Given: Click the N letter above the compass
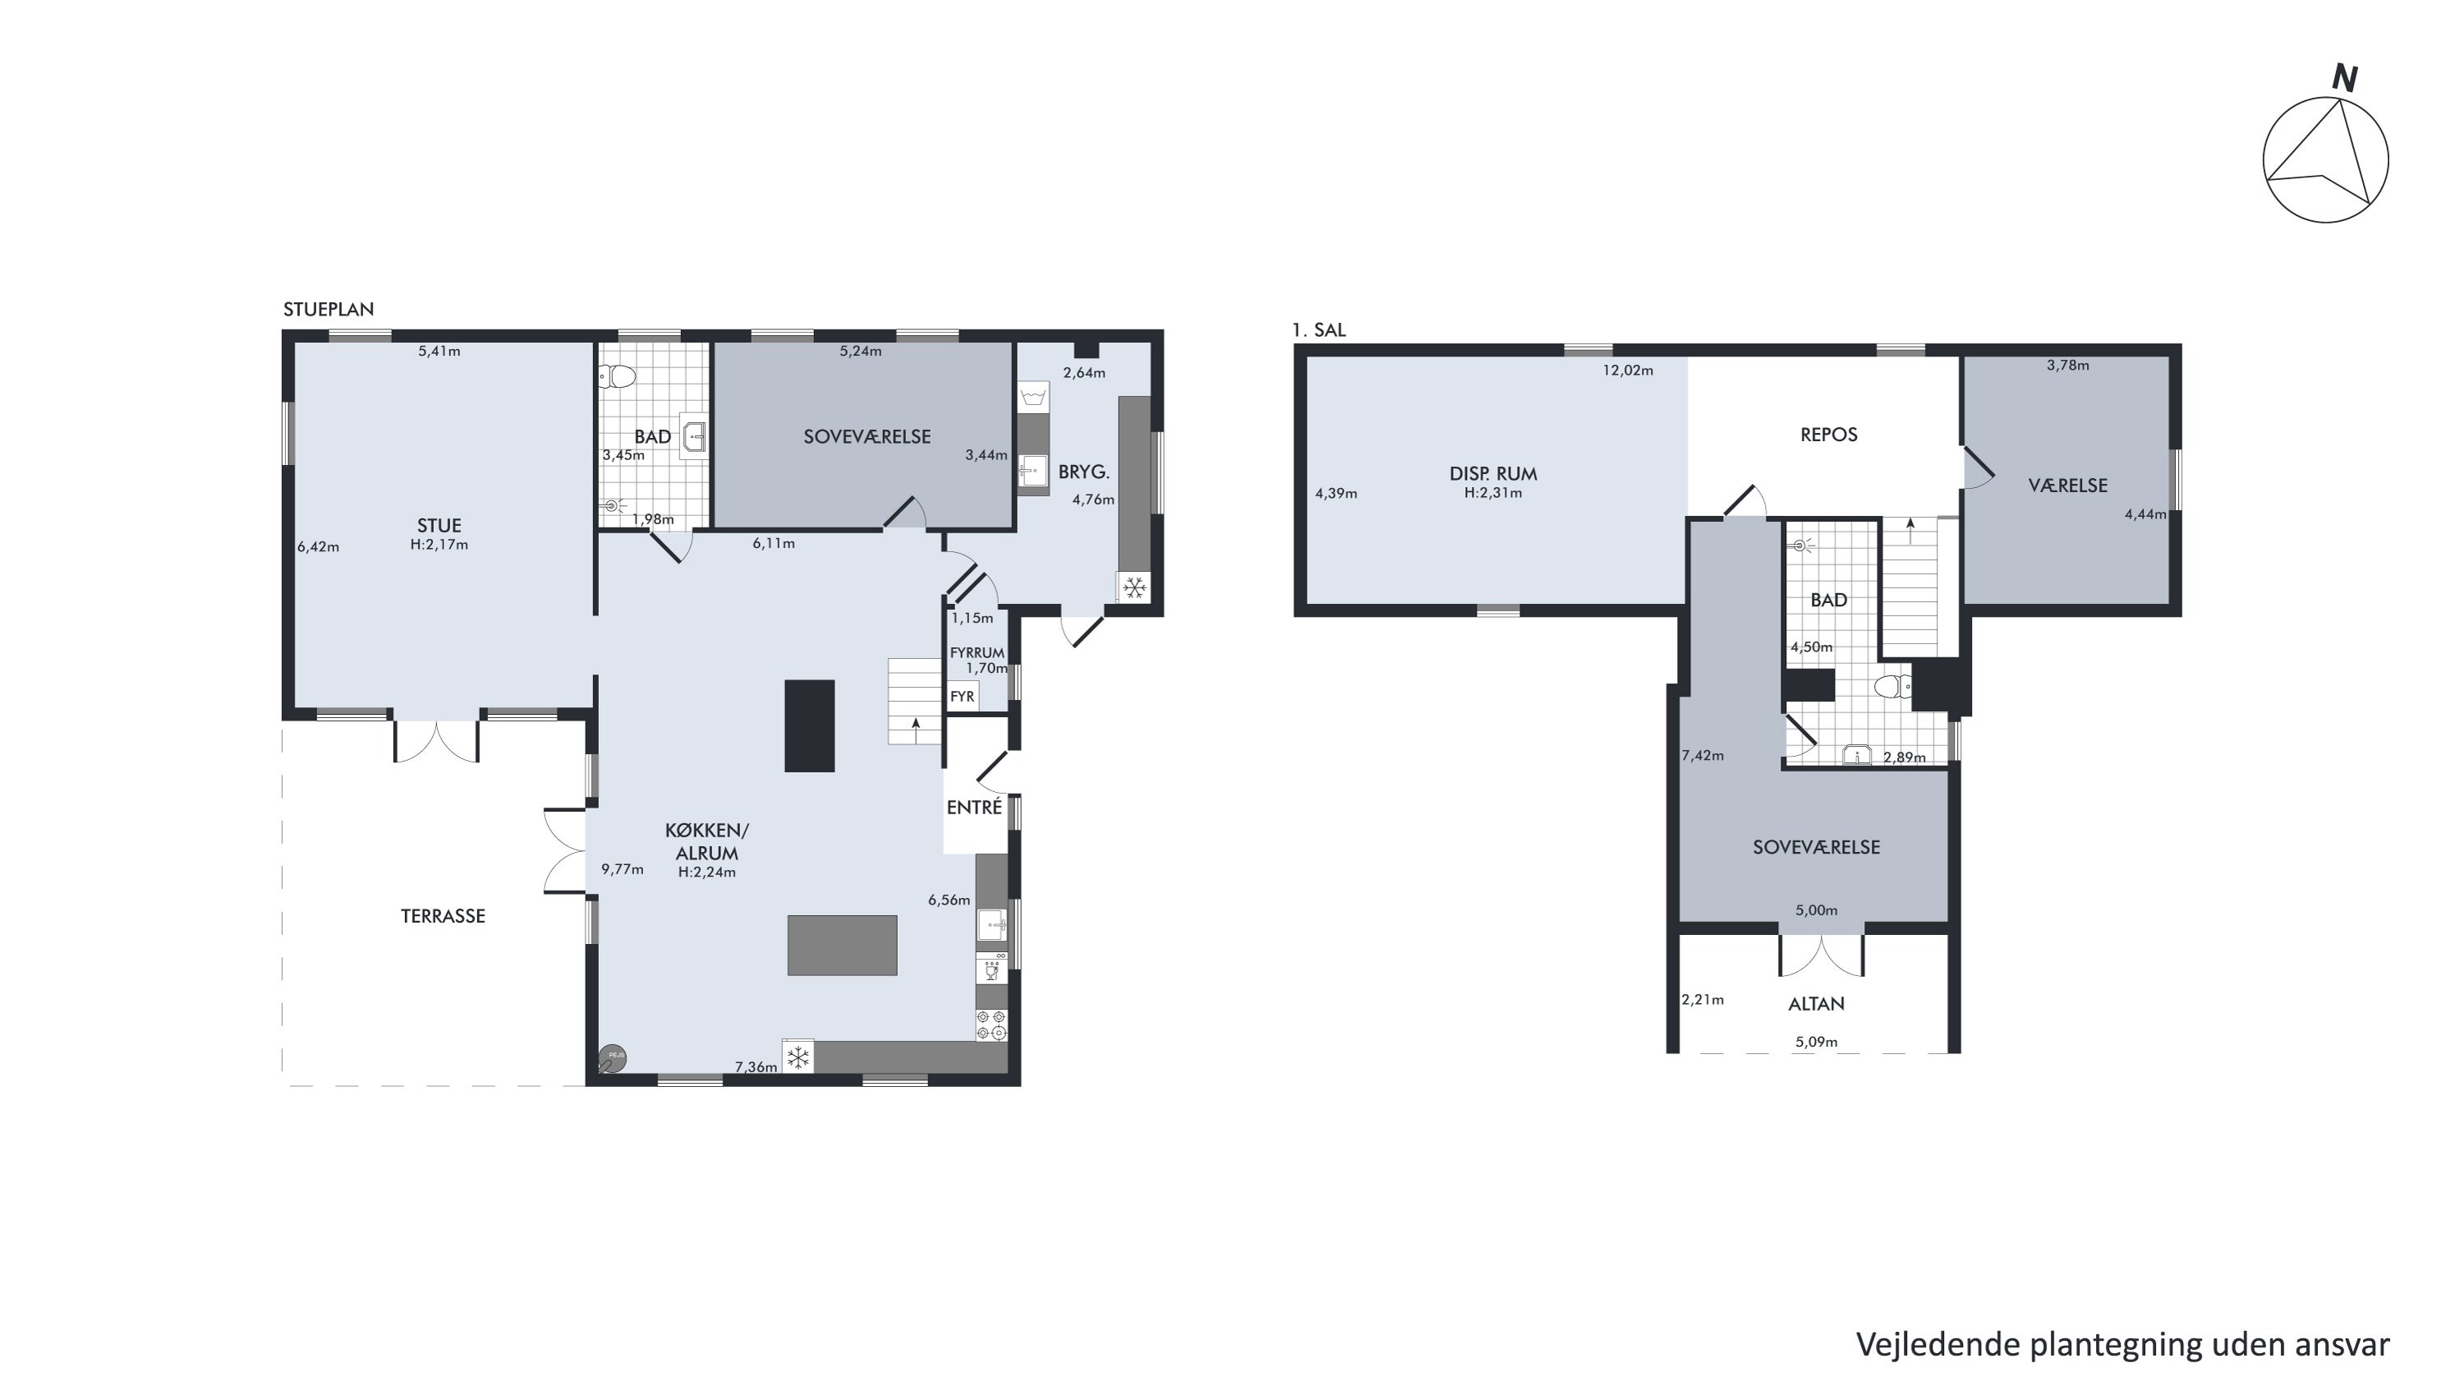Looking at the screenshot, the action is coord(2344,78).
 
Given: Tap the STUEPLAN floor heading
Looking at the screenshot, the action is coord(328,309).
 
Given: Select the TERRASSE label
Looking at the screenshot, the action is coord(443,916).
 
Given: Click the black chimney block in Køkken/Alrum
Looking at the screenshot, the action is coord(809,726).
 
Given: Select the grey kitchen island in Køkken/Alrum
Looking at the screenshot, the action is coord(842,945).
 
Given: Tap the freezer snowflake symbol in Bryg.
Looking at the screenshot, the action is coord(1134,587).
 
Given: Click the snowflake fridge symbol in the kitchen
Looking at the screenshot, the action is coord(798,1057).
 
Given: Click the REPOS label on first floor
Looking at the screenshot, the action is coord(1829,435).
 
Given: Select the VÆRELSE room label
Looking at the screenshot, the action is coord(2068,486).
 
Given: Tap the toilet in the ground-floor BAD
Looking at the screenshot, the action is coord(618,377).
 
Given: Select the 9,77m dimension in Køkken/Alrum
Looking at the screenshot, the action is coord(622,869).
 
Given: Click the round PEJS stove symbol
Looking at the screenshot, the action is coord(612,1058).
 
